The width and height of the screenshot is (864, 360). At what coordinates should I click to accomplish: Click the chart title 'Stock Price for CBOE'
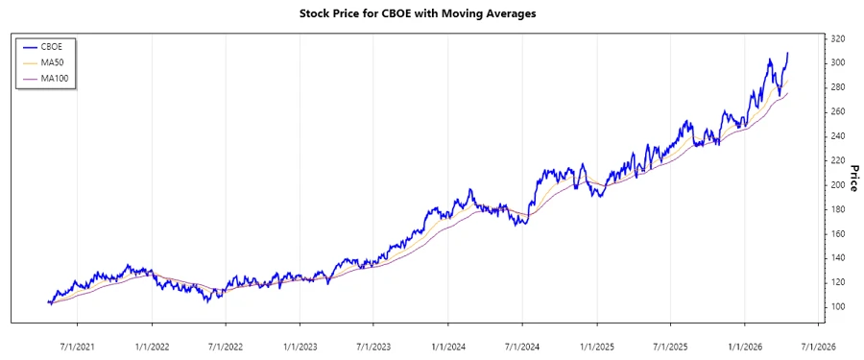click(x=431, y=14)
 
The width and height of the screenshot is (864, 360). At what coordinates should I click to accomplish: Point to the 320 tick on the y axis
click(x=838, y=38)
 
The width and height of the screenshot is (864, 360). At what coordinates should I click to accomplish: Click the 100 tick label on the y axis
click(x=838, y=306)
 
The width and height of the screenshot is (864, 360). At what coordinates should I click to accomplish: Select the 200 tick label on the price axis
click(x=838, y=184)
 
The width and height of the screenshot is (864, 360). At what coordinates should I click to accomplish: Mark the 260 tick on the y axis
click(x=838, y=111)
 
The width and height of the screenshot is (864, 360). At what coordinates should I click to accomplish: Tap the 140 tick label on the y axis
click(x=838, y=257)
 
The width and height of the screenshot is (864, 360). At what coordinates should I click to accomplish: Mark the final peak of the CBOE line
click(x=788, y=53)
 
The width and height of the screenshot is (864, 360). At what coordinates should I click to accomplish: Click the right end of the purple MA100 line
click(x=788, y=93)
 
